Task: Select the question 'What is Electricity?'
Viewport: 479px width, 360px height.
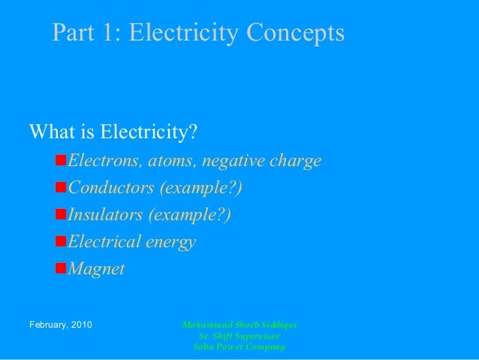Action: point(113,133)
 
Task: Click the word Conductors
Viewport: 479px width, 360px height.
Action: point(110,188)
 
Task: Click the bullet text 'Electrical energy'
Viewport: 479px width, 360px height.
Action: point(131,242)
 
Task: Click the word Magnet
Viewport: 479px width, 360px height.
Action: point(96,269)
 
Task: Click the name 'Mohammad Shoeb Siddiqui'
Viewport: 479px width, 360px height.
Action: point(239,325)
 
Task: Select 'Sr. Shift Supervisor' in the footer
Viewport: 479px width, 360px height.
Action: point(239,336)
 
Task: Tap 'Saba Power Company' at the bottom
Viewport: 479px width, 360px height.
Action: point(239,346)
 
